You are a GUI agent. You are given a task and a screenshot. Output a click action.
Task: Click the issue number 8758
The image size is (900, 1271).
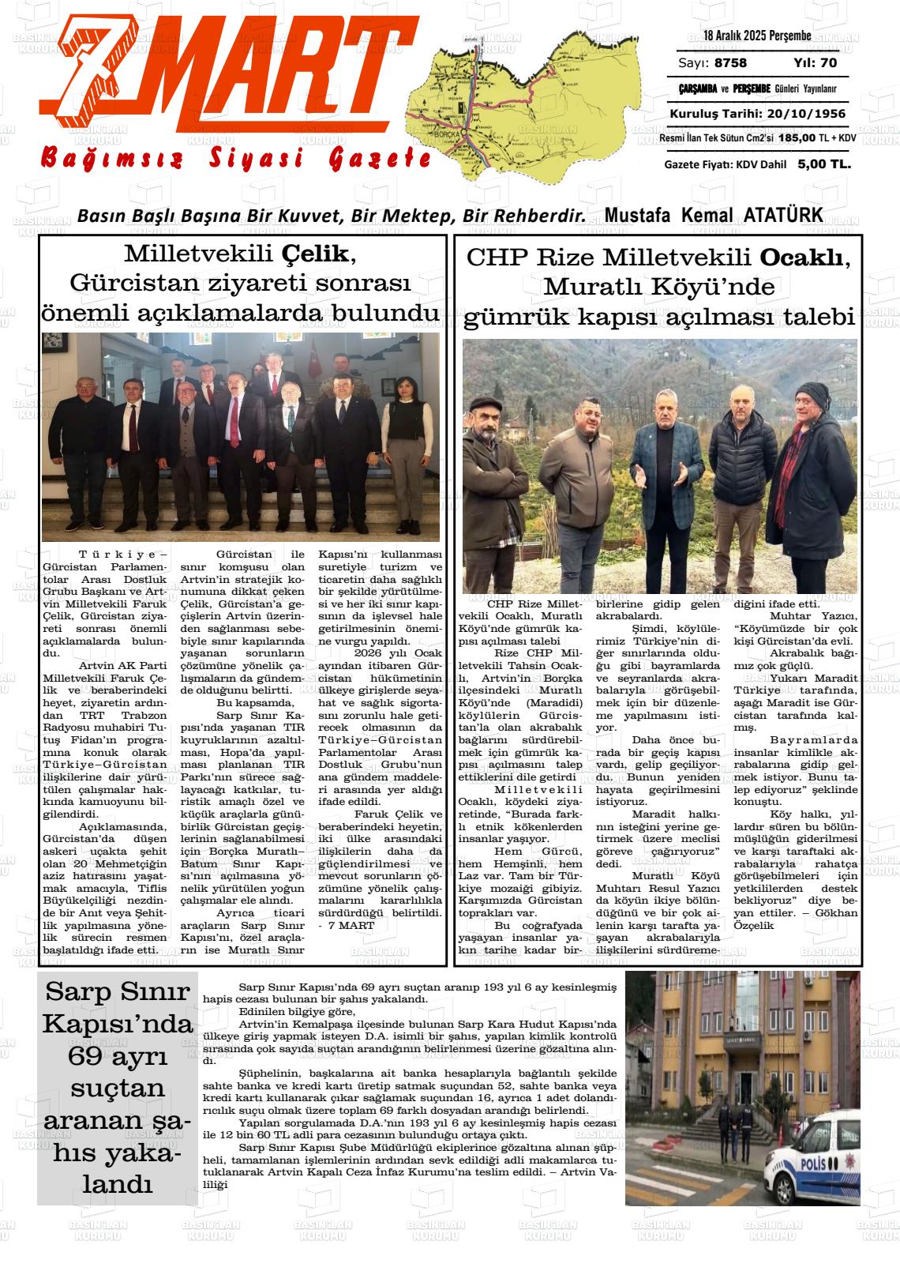pos(730,63)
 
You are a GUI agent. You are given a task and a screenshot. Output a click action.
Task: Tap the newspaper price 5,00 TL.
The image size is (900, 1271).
pos(824,164)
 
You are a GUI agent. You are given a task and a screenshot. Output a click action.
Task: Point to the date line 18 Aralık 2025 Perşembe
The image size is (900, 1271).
pos(757,36)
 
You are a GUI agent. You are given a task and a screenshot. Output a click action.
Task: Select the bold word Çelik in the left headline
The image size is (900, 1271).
pos(313,254)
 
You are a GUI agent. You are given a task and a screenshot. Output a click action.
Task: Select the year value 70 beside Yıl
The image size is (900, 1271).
pos(828,63)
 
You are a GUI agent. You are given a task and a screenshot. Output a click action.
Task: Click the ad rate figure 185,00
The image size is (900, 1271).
pos(797,138)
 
